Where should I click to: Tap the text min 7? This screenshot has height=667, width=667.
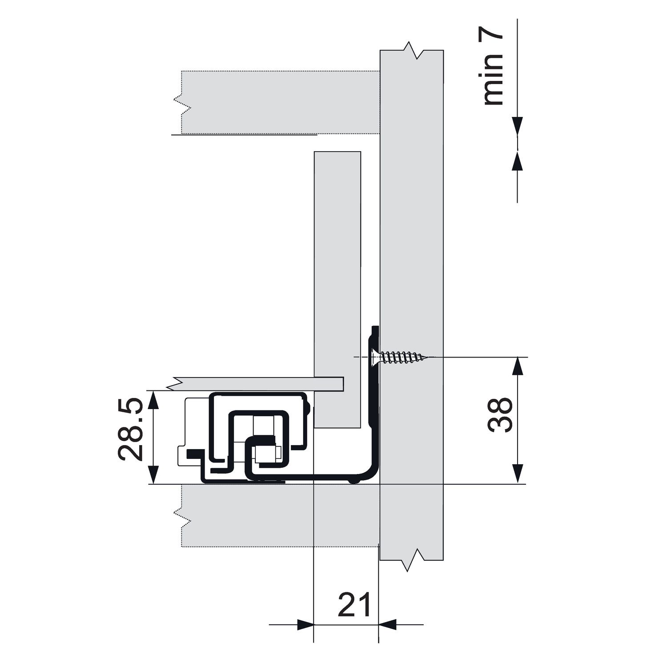click(492, 69)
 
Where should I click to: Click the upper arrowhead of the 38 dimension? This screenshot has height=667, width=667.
click(517, 366)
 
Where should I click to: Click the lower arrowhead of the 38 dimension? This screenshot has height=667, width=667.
click(517, 474)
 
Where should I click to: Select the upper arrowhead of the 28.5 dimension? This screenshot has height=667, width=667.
click(153, 400)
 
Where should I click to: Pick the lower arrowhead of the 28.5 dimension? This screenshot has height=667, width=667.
click(153, 474)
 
